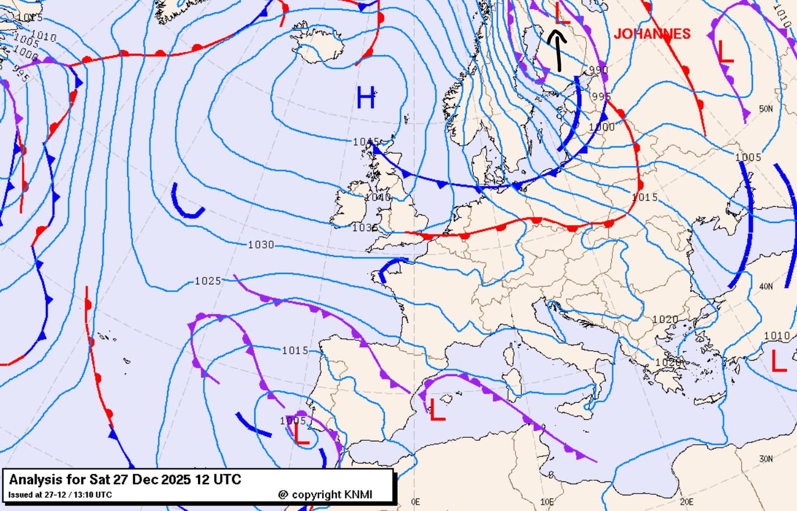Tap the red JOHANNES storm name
(x=652, y=34)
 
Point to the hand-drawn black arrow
(x=557, y=51)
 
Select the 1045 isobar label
(x=366, y=142)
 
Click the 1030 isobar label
(x=261, y=244)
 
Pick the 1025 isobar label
(x=207, y=281)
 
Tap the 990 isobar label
(x=598, y=70)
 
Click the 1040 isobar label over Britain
(x=377, y=197)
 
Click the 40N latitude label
(x=766, y=286)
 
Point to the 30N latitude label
(x=766, y=459)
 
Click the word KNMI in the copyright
(x=358, y=494)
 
